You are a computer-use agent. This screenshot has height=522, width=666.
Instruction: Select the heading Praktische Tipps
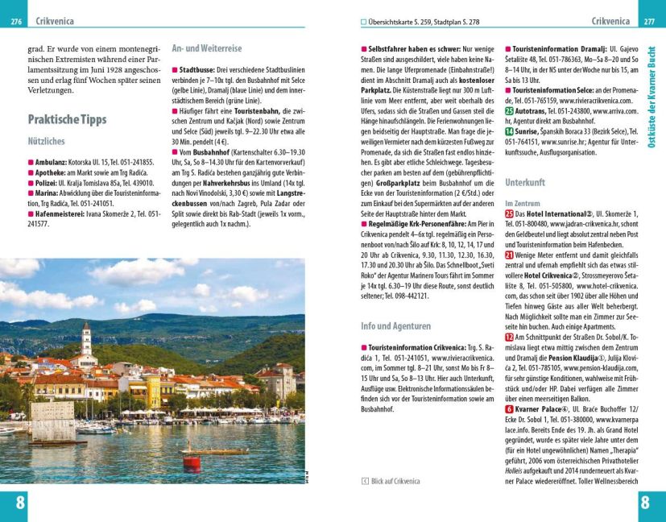67,119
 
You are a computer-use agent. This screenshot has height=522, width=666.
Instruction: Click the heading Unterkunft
525,183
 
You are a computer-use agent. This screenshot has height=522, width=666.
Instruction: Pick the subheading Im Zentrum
522,204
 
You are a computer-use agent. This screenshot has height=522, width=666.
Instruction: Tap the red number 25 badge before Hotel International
509,215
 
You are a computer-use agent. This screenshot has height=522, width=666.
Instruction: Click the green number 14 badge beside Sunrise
509,130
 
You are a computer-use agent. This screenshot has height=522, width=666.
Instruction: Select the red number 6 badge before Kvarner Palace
509,409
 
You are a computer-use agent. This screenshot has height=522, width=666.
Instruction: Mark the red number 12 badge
509,337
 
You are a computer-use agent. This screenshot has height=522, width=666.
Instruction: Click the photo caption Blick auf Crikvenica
395,481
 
